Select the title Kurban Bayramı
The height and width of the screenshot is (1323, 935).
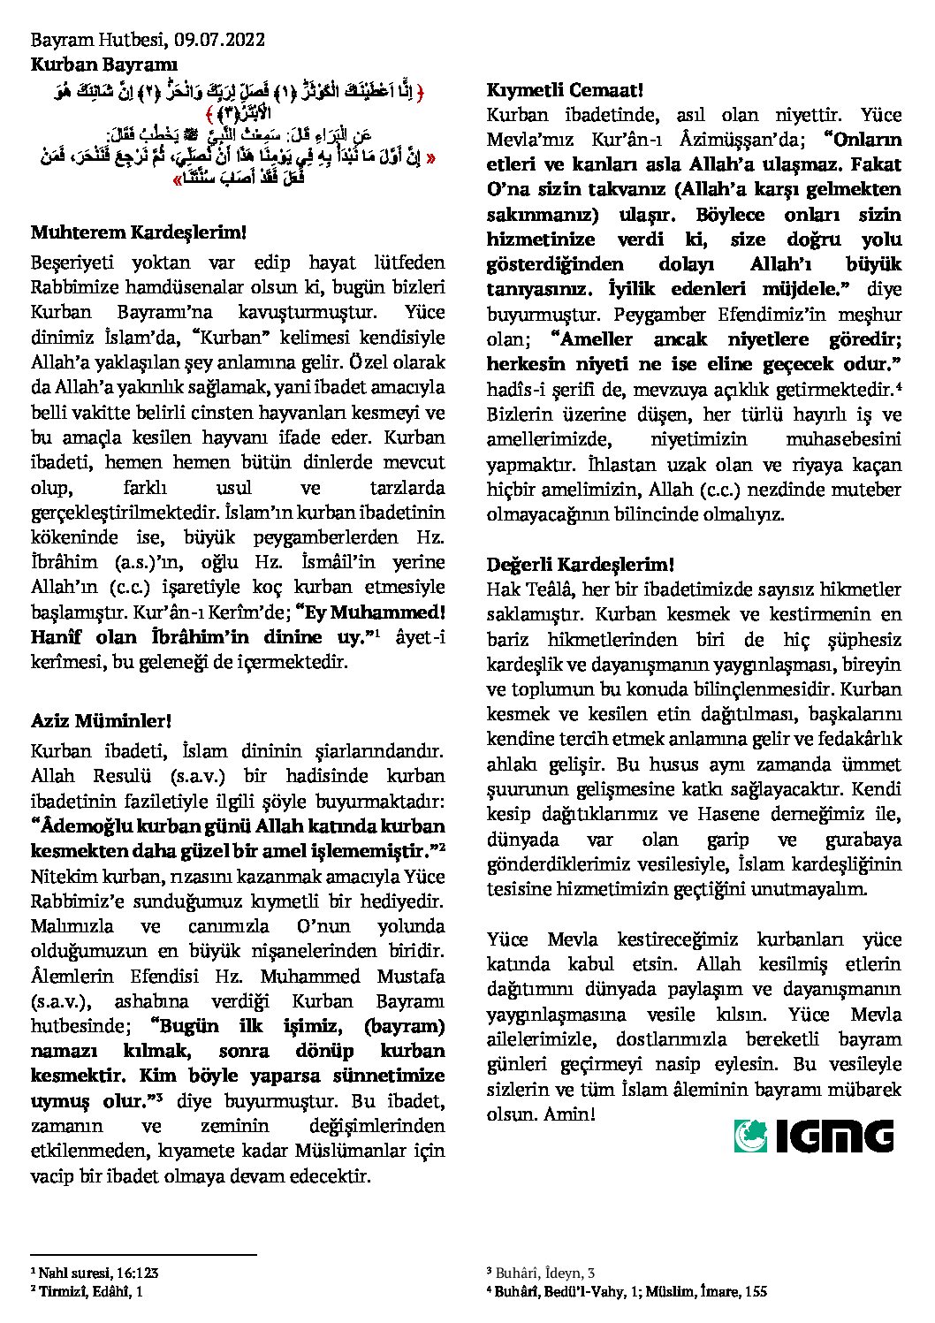click(x=104, y=65)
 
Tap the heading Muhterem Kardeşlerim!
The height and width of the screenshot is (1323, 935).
click(x=137, y=232)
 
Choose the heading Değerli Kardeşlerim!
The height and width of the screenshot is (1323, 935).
click(x=580, y=564)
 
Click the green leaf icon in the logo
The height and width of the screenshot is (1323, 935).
click(x=750, y=1136)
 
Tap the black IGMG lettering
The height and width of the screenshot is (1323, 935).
click(x=835, y=1136)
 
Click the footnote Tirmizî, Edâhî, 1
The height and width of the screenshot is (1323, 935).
click(x=90, y=1291)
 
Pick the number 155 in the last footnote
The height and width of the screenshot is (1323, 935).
click(x=755, y=1291)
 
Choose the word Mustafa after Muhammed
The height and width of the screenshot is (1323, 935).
click(x=407, y=977)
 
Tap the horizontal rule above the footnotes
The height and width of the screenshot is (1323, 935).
click(x=143, y=1254)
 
